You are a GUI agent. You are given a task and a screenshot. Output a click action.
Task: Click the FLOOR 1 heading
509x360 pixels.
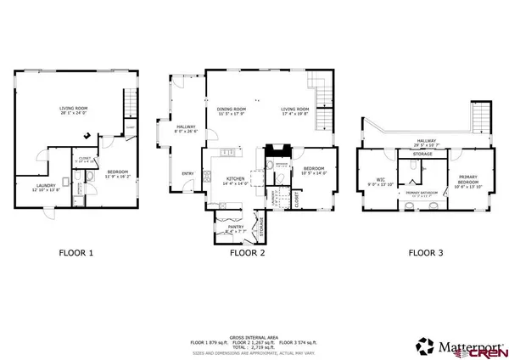tap(76, 252)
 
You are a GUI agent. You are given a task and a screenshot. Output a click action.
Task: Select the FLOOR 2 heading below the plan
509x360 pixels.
tap(248, 252)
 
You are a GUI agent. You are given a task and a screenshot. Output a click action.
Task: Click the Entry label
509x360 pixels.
tap(187, 174)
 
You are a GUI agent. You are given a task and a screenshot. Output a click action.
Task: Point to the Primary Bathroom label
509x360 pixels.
tap(422, 194)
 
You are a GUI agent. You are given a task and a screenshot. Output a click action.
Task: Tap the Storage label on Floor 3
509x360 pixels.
tap(422, 155)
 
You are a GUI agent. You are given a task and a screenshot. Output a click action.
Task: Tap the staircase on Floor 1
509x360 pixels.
tap(129, 104)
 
